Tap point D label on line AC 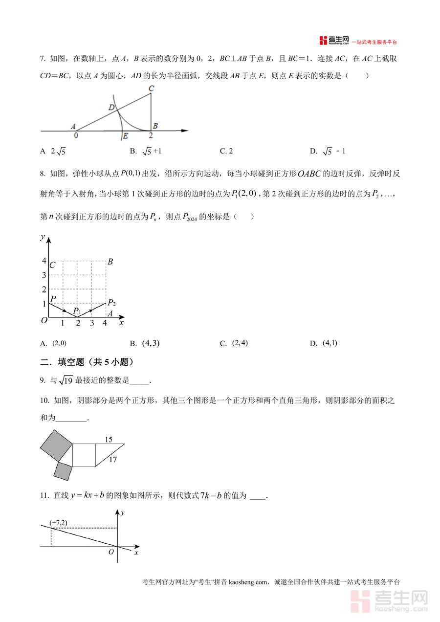(x=111, y=108)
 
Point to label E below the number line (x=125, y=136)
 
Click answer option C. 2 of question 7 (x=226, y=151)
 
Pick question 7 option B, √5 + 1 (x=151, y=151)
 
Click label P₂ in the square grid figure (x=111, y=303)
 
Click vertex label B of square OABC (x=110, y=262)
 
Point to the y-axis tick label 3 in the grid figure (x=44, y=275)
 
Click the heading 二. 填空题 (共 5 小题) (x=88, y=362)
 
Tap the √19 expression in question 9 (x=66, y=380)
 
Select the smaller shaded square (x=63, y=471)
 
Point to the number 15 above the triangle (x=108, y=440)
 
